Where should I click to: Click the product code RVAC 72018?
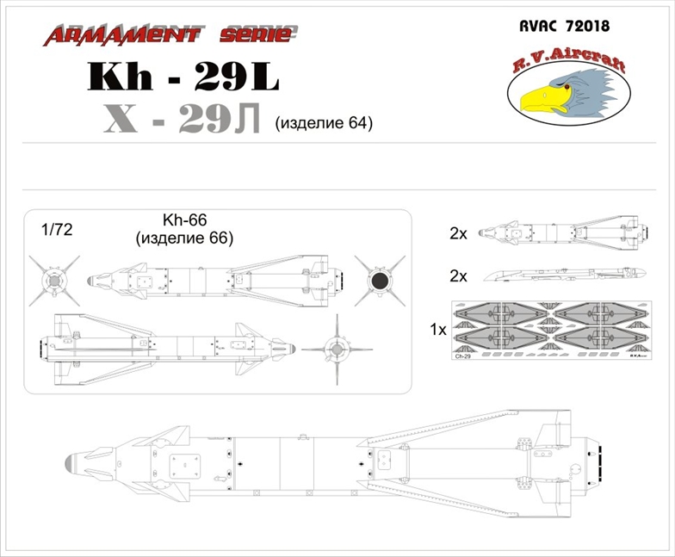point(566,26)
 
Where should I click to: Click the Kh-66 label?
point(181,220)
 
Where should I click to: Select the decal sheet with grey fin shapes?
point(552,329)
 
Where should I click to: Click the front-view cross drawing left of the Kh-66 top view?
point(53,280)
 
